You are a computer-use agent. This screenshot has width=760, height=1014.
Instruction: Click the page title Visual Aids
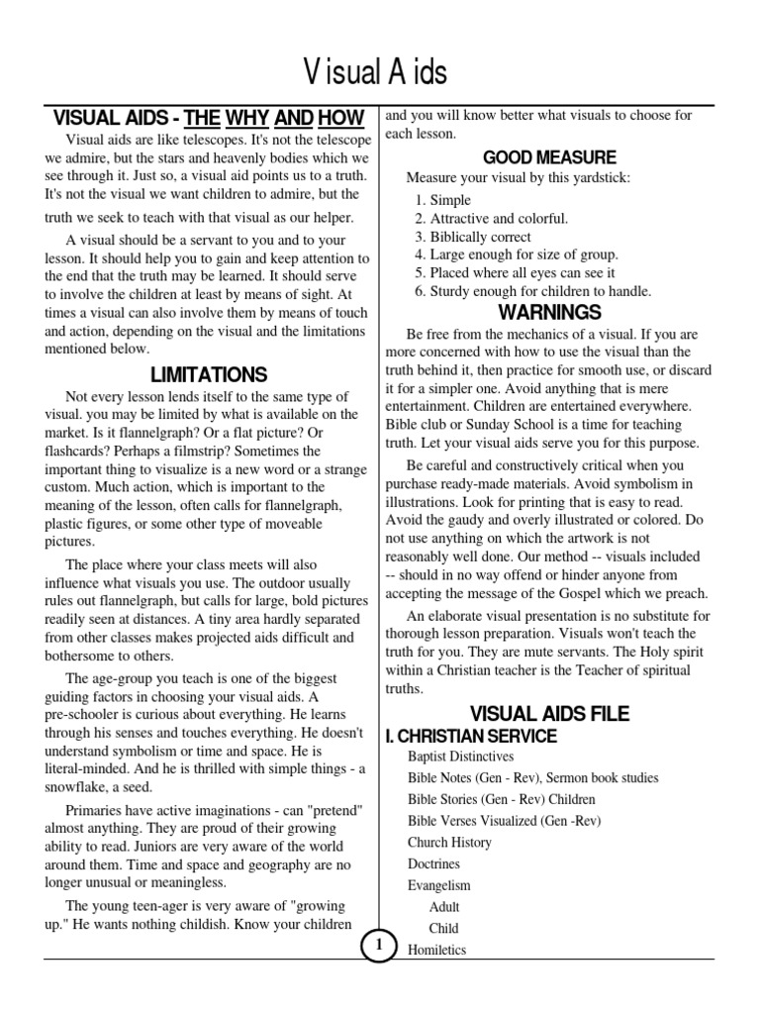coord(375,71)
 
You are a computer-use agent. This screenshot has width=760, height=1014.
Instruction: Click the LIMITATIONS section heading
coord(209,374)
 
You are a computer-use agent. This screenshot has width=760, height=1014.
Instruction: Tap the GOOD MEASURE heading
coord(549,157)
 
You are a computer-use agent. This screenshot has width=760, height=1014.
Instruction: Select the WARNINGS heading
coord(549,313)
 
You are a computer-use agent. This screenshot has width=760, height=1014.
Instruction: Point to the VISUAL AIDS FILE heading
coord(549,714)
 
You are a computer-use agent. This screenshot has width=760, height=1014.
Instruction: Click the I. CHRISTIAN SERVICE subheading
coord(471,736)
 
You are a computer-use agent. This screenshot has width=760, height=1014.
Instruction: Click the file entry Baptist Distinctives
coord(460,757)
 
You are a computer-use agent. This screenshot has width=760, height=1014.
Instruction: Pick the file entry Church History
coord(449,843)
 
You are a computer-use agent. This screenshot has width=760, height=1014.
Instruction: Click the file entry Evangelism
coord(439,885)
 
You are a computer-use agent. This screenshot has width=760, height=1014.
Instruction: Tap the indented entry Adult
coord(444,907)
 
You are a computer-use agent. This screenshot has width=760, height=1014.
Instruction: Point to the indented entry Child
coord(443,929)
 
